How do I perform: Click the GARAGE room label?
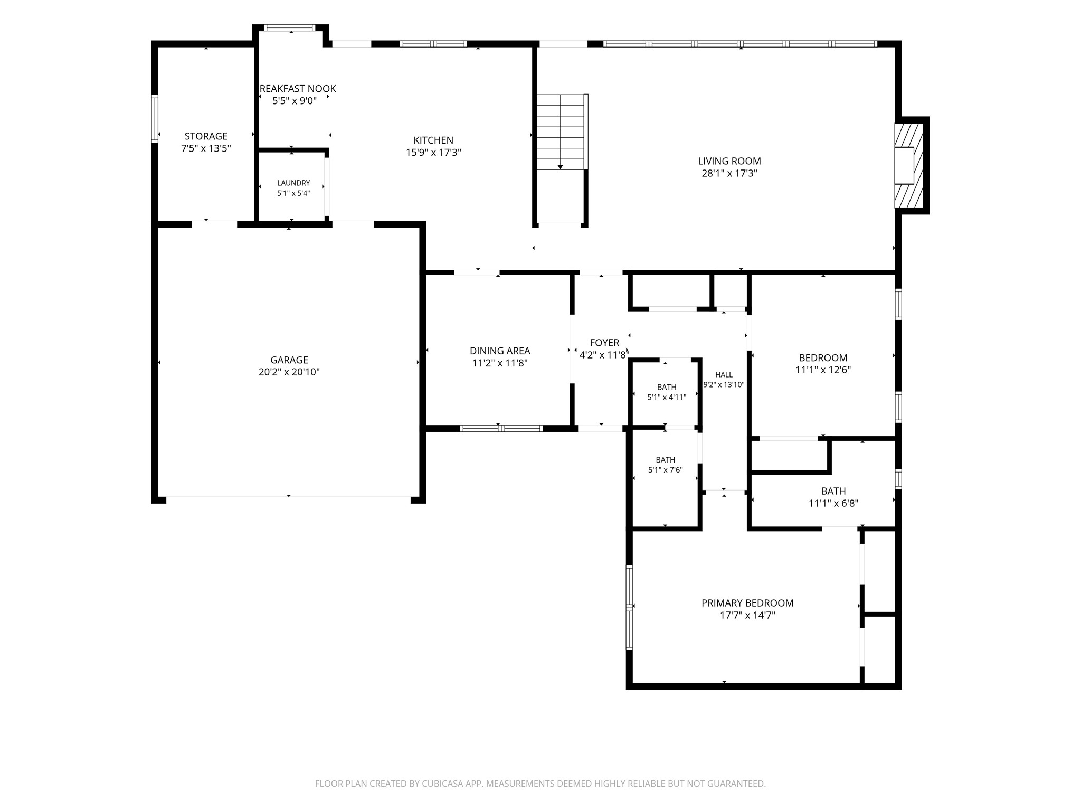[289, 360]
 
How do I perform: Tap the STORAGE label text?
[206, 136]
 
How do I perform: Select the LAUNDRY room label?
[293, 183]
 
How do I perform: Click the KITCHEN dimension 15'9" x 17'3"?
[433, 153]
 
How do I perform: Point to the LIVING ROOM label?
[729, 161]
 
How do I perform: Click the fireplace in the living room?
[908, 165]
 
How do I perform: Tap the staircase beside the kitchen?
[561, 132]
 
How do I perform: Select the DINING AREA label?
[500, 351]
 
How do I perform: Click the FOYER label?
[604, 343]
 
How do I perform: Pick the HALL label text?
[724, 375]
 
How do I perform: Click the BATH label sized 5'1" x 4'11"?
[667, 388]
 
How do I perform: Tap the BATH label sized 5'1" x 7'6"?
[666, 460]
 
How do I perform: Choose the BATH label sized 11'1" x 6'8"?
[833, 491]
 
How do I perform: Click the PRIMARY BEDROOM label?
[747, 603]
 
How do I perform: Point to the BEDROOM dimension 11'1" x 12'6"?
[823, 370]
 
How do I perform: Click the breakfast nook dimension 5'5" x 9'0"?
[295, 101]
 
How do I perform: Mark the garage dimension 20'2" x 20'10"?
[289, 372]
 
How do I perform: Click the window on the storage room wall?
[155, 118]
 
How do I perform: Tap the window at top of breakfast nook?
[290, 27]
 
